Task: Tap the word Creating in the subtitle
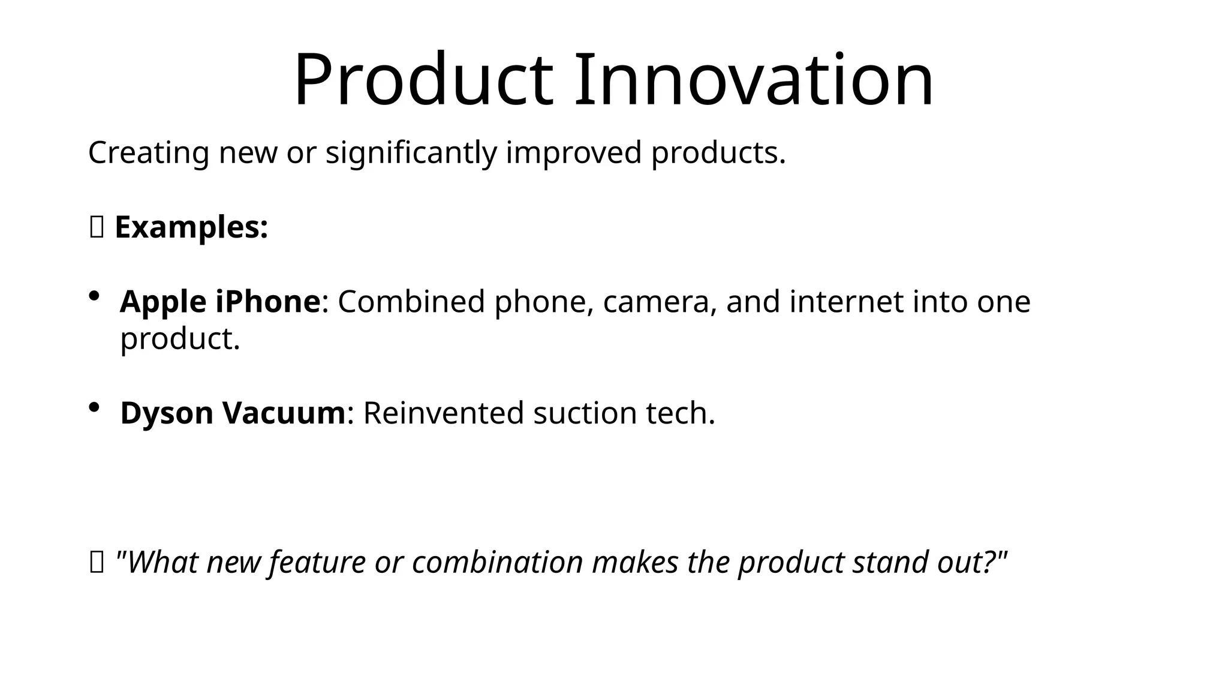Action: point(148,153)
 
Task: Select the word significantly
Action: point(411,153)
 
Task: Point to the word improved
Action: point(574,153)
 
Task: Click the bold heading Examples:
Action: point(191,227)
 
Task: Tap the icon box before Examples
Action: point(97,227)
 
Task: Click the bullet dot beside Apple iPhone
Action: point(94,296)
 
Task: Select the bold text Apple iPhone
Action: point(220,302)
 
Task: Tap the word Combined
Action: point(411,302)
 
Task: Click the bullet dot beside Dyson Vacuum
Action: point(94,407)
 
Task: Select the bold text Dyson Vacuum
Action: point(233,413)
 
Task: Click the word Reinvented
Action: point(443,413)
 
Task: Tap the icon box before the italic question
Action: point(97,563)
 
